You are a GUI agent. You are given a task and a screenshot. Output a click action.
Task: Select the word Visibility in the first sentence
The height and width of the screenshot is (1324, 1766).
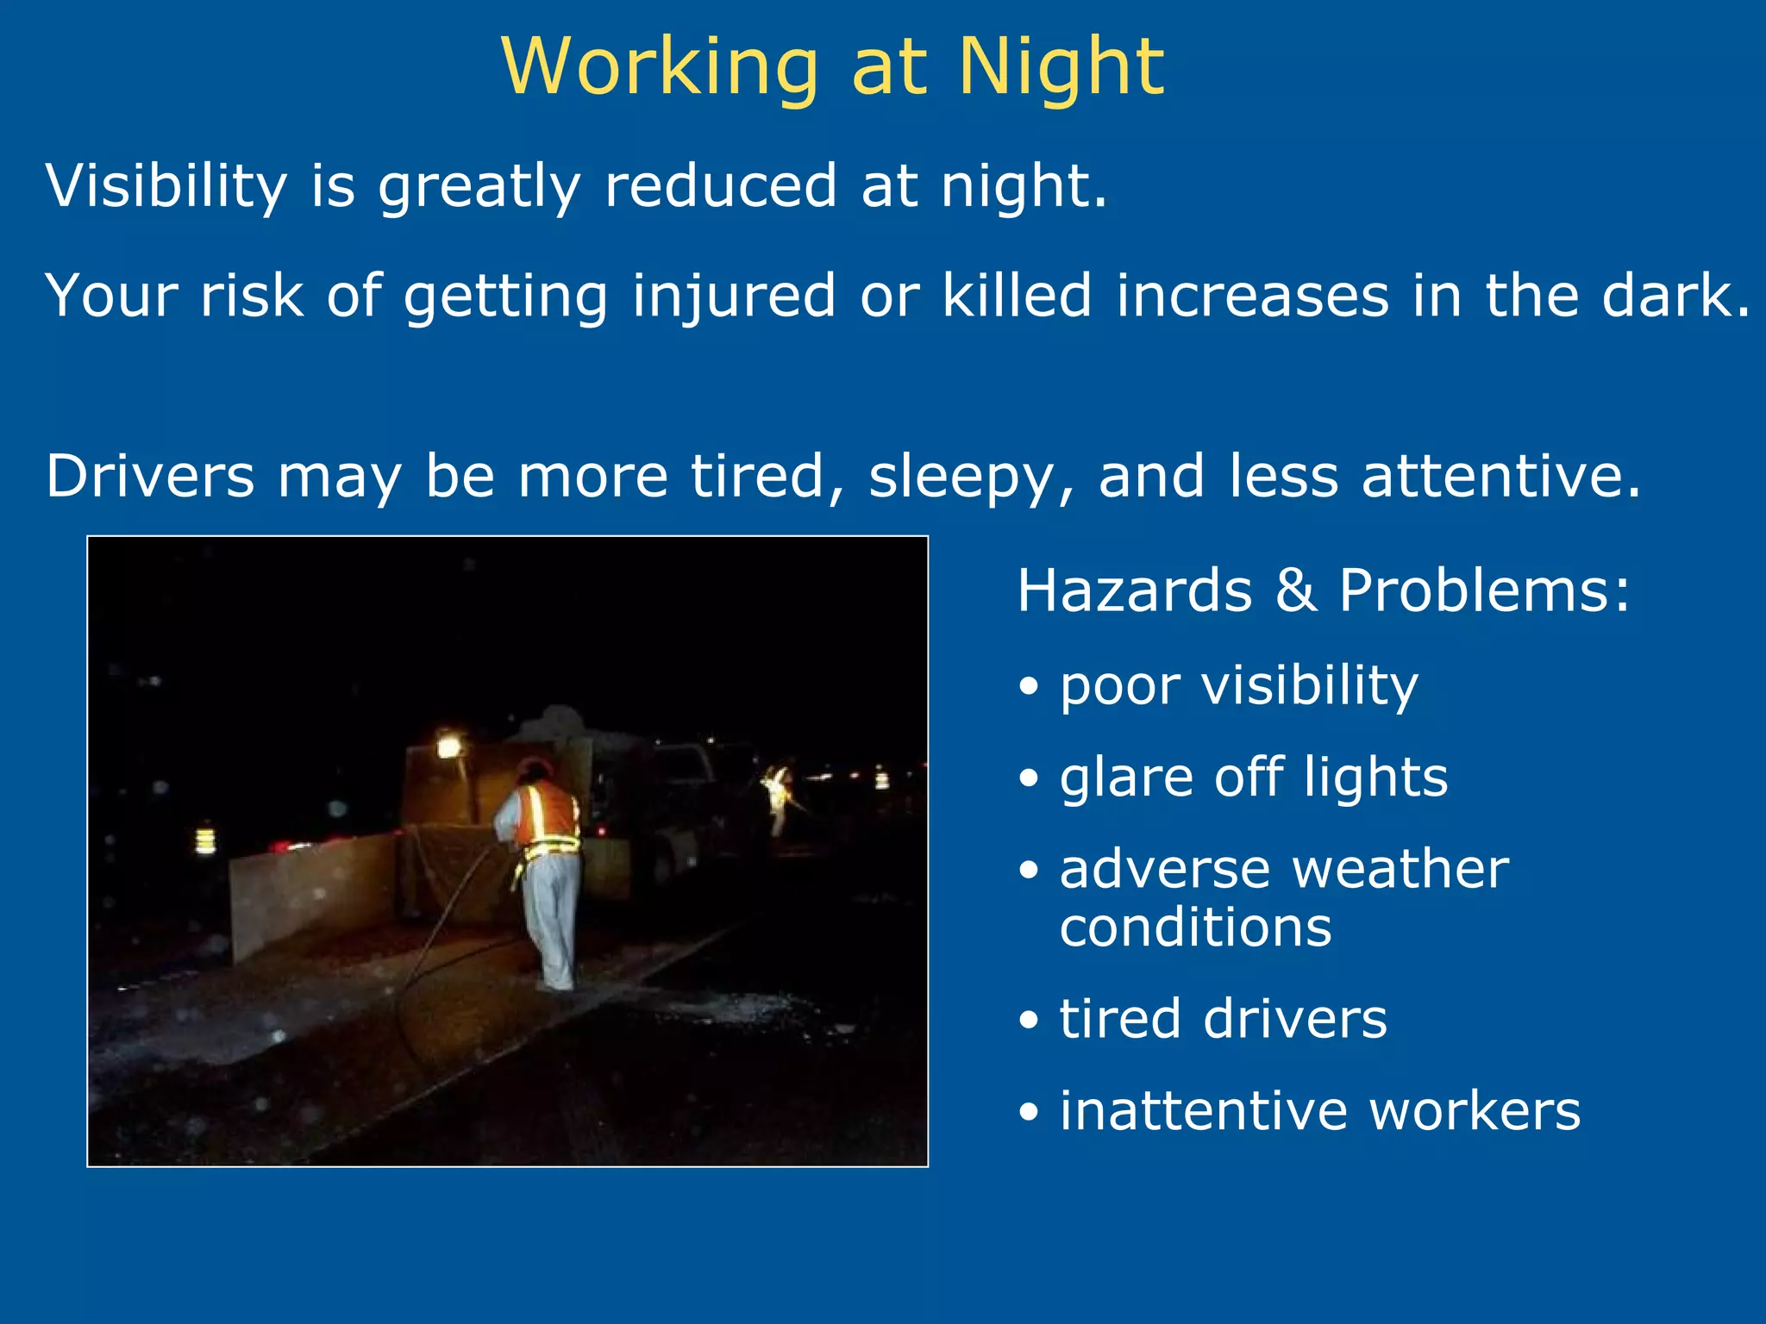click(x=166, y=186)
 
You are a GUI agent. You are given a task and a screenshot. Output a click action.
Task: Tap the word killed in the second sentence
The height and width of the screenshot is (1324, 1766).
click(x=1017, y=296)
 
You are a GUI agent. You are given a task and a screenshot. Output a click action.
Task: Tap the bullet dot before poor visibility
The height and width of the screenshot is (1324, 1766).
click(x=1029, y=688)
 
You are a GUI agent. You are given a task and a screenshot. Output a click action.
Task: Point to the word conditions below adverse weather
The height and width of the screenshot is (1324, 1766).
click(x=1195, y=928)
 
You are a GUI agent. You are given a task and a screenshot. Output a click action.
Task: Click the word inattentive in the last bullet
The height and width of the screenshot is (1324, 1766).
click(x=1200, y=1111)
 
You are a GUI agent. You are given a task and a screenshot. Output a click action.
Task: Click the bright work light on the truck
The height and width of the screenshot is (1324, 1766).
click(x=448, y=744)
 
